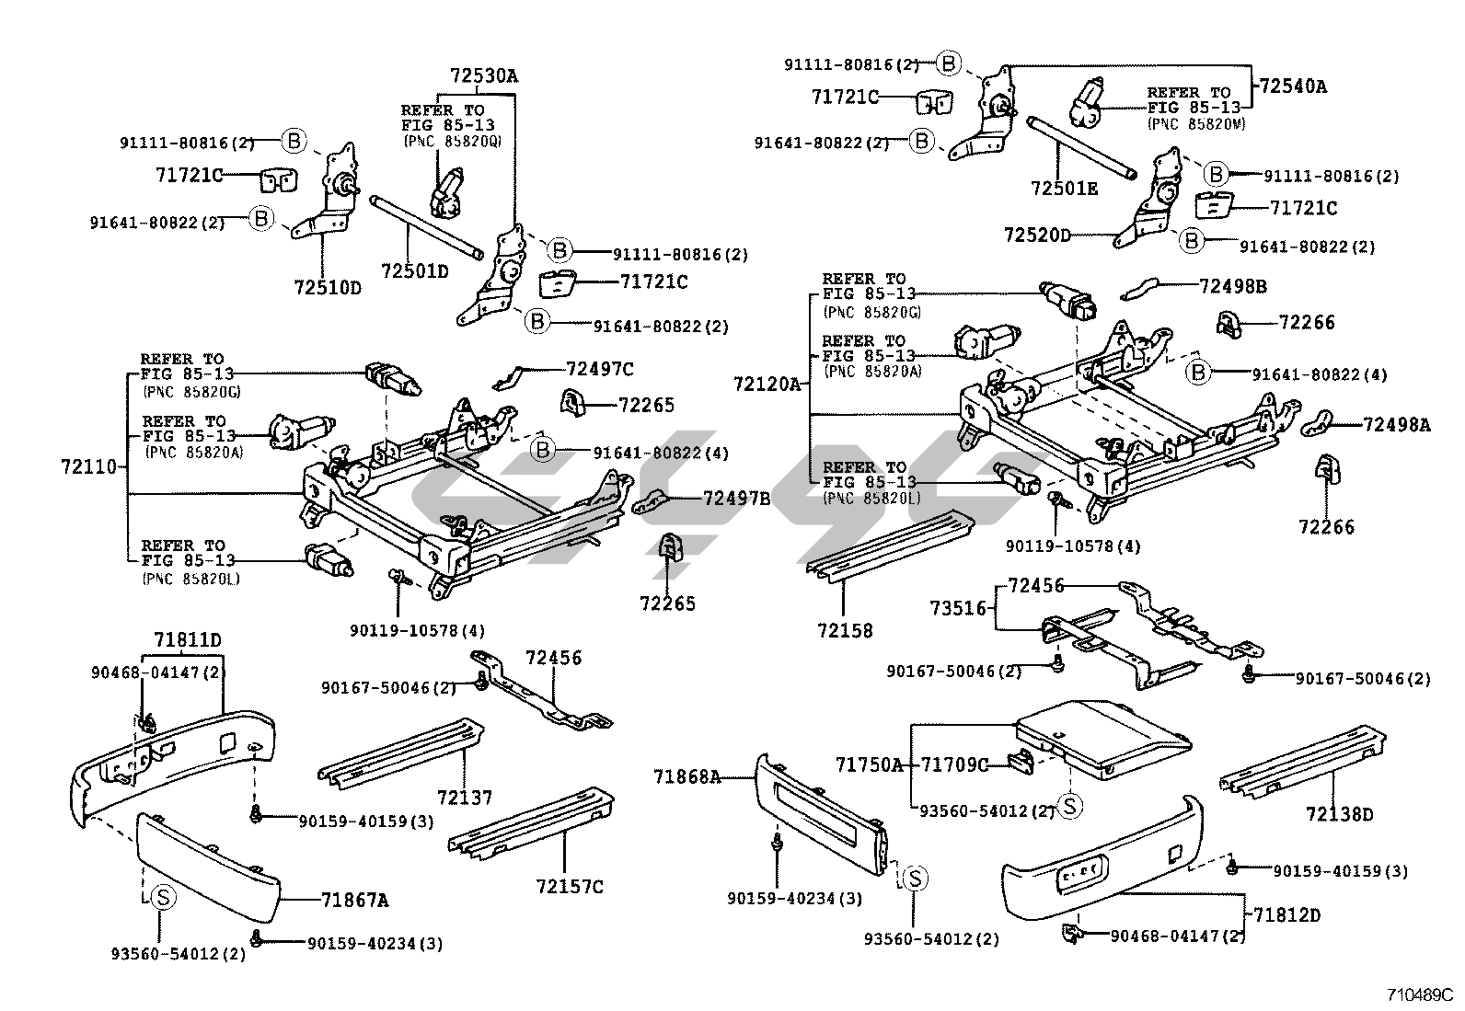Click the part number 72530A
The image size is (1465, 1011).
pos(483,76)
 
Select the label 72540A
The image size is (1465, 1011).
pos(1293,86)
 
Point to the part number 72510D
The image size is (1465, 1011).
pos(328,287)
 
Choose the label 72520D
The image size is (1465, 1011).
pos(1037,236)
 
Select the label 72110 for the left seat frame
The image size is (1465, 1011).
pos(89,466)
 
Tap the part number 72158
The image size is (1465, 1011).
pos(844,630)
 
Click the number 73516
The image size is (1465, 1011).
pos(957,607)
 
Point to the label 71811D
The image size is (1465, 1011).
pos(188,639)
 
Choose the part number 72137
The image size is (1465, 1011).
pos(465,797)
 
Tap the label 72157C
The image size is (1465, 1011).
pos(570,886)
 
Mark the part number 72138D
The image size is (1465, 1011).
pos(1339,813)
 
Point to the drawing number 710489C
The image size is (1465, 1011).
pos(1420,994)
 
